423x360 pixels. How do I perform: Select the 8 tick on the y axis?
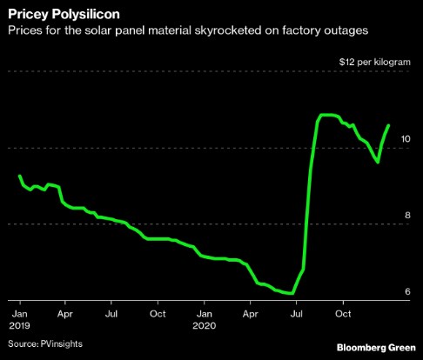406,216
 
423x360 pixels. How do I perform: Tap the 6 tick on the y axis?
406,291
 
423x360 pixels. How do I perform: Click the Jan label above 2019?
19,311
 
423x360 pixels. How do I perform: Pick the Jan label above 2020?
204,311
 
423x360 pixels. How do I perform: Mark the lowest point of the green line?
288,293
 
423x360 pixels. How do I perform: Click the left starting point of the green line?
19,177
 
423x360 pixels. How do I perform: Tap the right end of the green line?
388,125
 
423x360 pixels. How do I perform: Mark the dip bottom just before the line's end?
377,162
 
